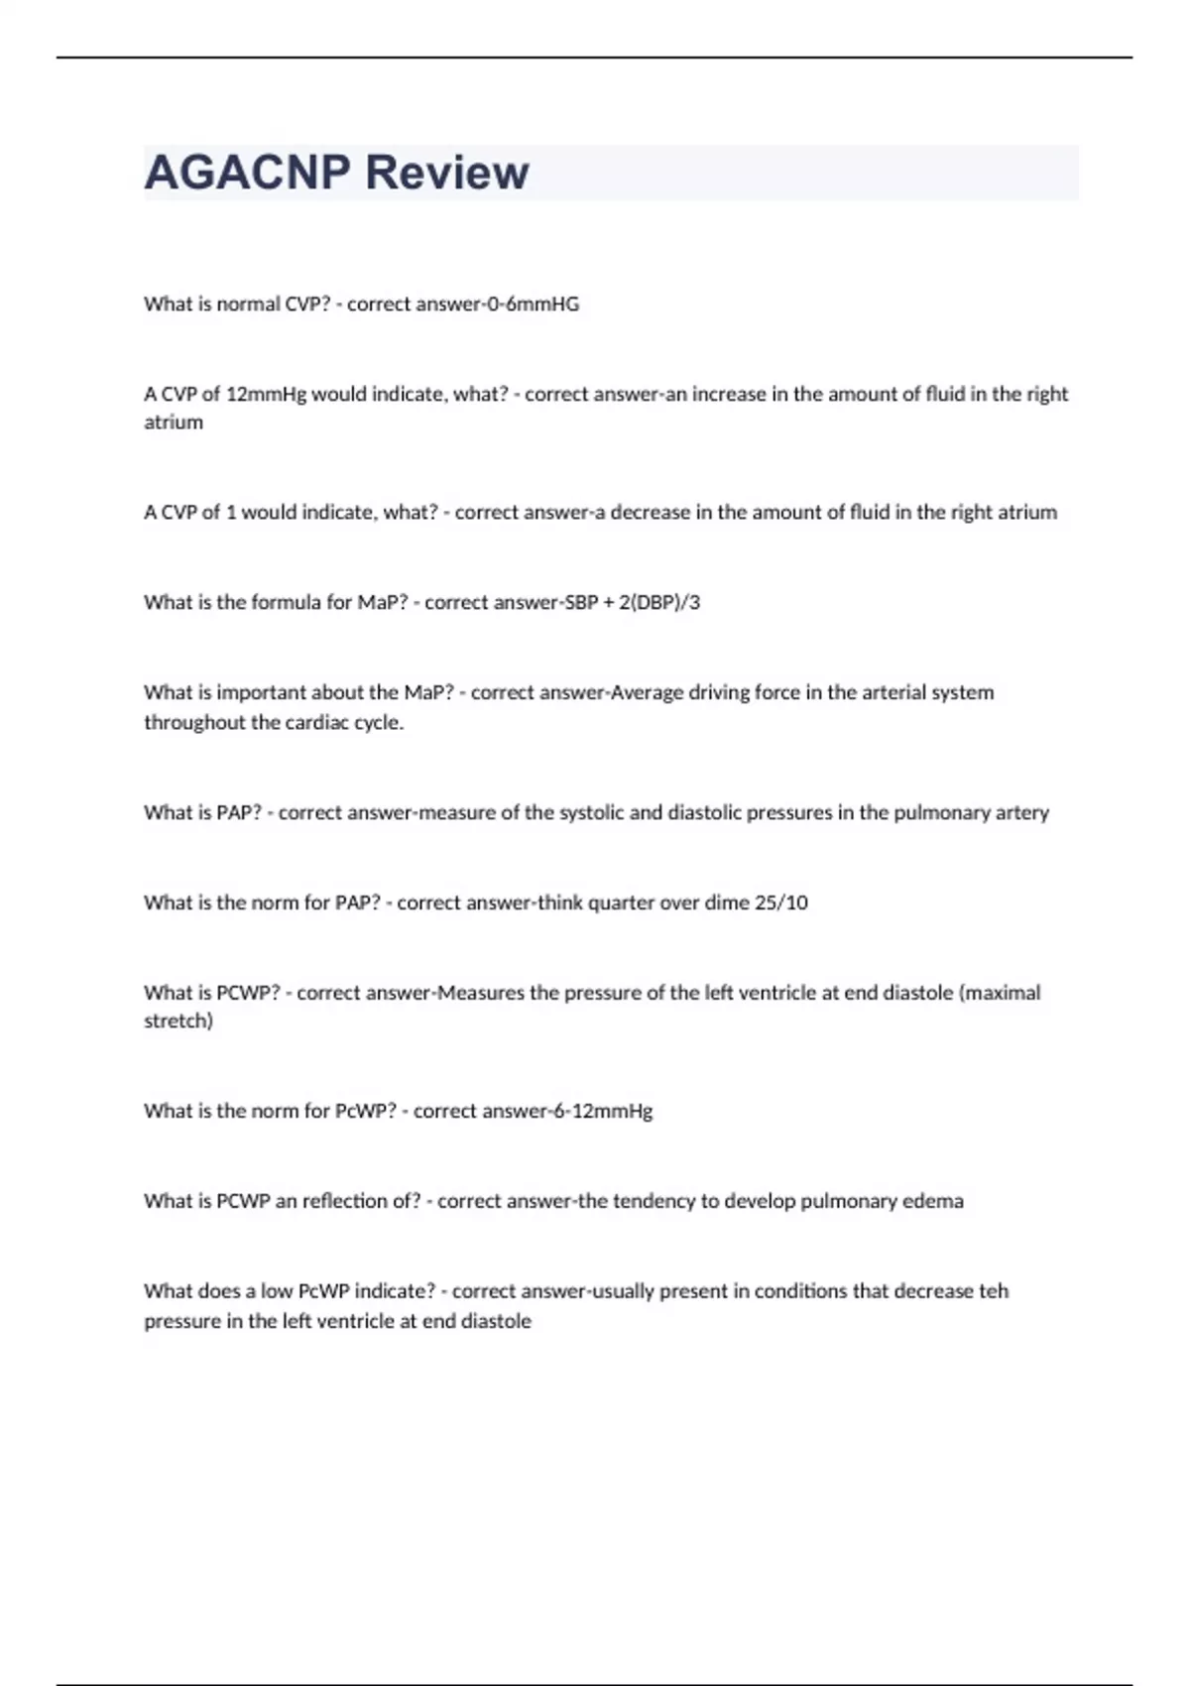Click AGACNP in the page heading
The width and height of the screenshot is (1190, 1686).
tap(247, 172)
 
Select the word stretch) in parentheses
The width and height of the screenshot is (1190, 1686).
tap(178, 1022)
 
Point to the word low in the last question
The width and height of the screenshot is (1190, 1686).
tap(277, 1291)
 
